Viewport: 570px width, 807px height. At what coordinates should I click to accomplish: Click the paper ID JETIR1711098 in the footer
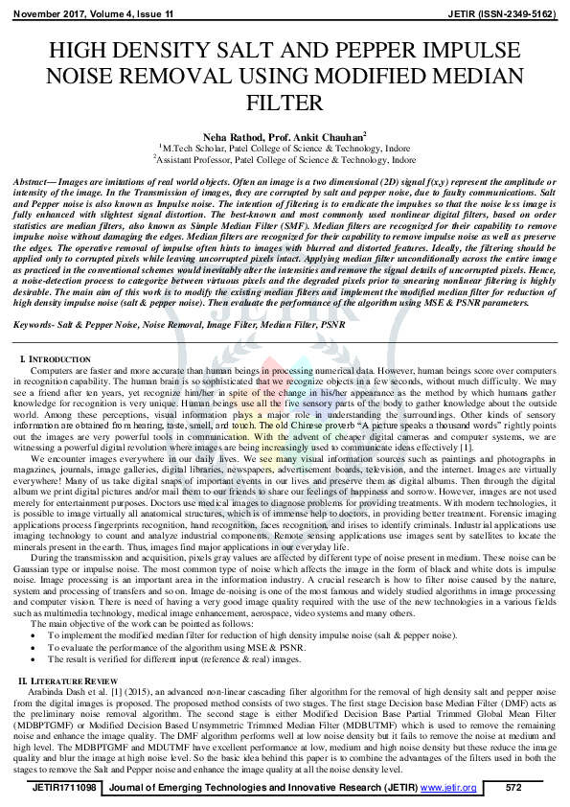tap(64, 788)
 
